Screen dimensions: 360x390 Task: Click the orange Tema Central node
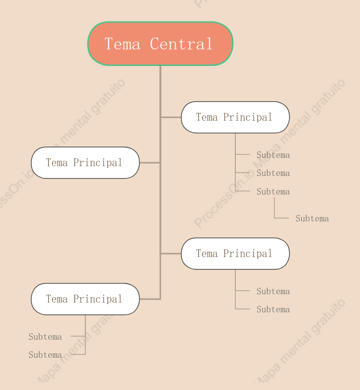[160, 44]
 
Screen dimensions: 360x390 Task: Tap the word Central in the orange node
[181, 44]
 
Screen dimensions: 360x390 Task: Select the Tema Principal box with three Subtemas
[235, 117]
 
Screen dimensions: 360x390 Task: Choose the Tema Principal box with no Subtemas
[85, 163]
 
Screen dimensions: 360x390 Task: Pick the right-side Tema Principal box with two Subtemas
[235, 254]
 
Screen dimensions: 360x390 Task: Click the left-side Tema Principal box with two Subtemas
[85, 299]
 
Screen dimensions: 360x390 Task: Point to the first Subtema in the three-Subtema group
[273, 155]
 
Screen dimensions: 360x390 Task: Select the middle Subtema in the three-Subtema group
[273, 173]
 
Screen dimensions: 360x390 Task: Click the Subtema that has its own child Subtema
[273, 192]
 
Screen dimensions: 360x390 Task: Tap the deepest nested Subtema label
[312, 218]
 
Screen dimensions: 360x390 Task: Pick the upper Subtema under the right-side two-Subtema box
[273, 291]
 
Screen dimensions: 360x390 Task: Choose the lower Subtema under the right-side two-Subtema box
[273, 309]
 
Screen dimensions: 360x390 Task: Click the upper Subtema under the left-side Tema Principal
[45, 337]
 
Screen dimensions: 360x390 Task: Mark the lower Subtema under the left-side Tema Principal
[45, 355]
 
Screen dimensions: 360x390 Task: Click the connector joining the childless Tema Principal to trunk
[150, 163]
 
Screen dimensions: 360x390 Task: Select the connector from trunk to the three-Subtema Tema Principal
[171, 117]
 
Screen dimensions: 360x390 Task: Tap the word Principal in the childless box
[98, 163]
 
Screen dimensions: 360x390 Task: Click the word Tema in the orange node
[122, 44]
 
